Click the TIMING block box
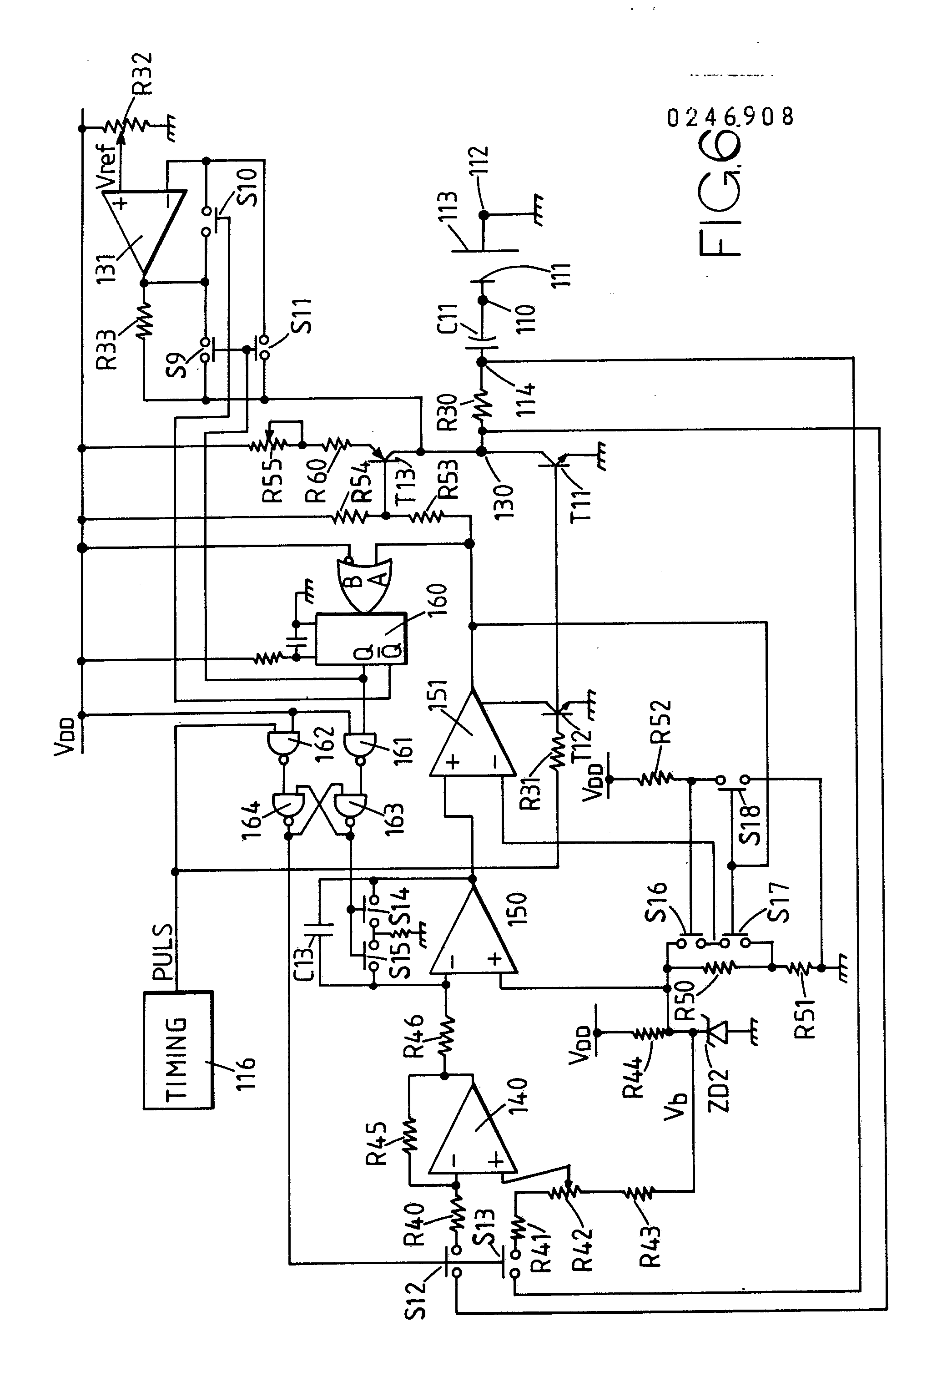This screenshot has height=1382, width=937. (x=178, y=1049)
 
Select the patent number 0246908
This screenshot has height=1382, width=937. (x=730, y=117)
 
